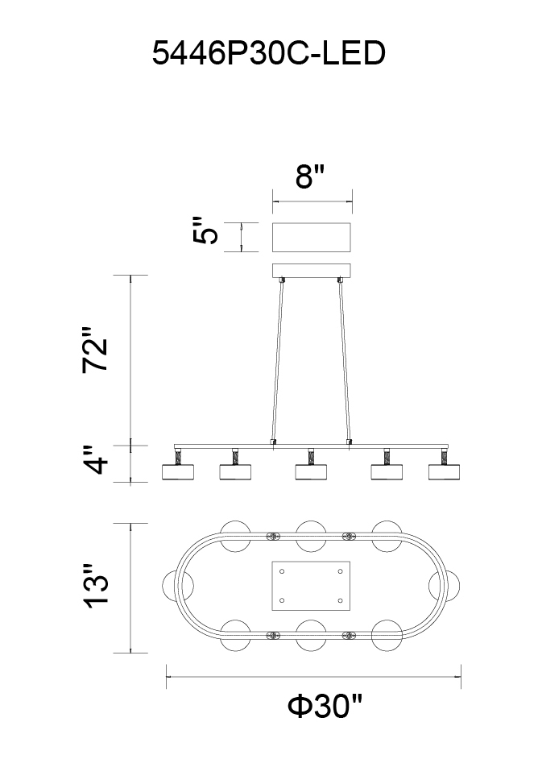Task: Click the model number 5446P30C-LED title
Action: coord(268,53)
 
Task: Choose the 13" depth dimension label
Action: coord(95,586)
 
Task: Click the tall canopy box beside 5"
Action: coord(312,237)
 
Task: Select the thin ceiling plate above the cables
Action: coord(312,271)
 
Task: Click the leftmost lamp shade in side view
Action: coord(178,471)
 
